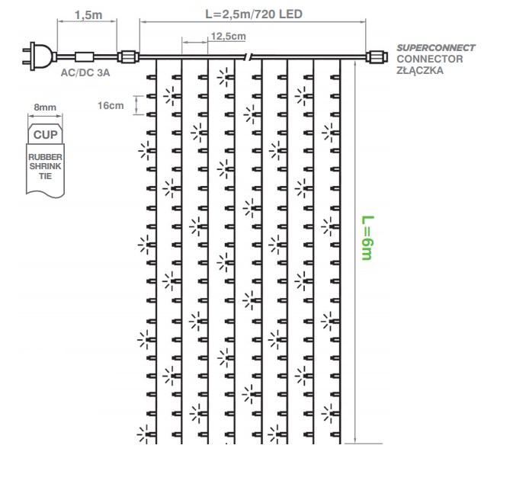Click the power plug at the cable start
(x=38, y=56)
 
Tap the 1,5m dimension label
(x=88, y=15)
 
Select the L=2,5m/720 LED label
(x=254, y=14)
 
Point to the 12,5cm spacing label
(x=229, y=36)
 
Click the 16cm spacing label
(x=111, y=105)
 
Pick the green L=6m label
(x=367, y=238)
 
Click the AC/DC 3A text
(x=85, y=72)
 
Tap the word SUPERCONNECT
(x=436, y=48)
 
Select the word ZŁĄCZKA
(x=420, y=70)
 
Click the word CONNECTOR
(x=430, y=59)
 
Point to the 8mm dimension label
(x=45, y=107)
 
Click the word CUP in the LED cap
(x=45, y=135)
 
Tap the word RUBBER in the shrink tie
(x=45, y=157)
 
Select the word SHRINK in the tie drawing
(x=45, y=166)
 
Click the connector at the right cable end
(x=377, y=57)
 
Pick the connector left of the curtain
(x=128, y=57)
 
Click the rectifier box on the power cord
(x=85, y=57)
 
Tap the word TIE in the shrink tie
(x=45, y=176)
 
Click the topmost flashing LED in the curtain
(x=226, y=77)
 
